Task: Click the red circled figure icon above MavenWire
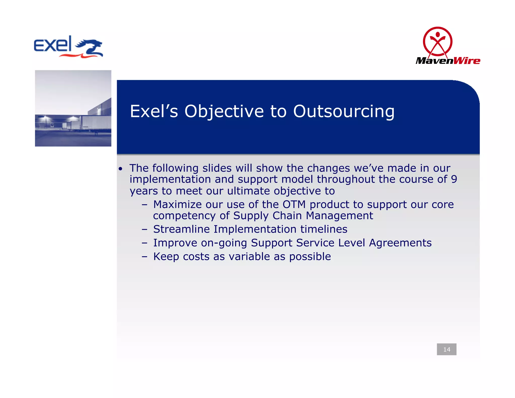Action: coord(438,42)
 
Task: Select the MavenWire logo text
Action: coord(448,61)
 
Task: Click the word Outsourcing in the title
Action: coord(344,111)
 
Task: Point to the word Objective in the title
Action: coord(224,111)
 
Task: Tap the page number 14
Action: coord(447,349)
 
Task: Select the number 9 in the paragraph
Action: coord(454,179)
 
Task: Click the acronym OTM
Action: coord(294,204)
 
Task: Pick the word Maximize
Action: coord(177,204)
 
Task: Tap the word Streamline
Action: coord(181,229)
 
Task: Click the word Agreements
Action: coord(400,243)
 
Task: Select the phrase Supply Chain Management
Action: coord(303,216)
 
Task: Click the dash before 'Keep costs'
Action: coord(144,257)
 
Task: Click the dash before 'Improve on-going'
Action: coord(144,243)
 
